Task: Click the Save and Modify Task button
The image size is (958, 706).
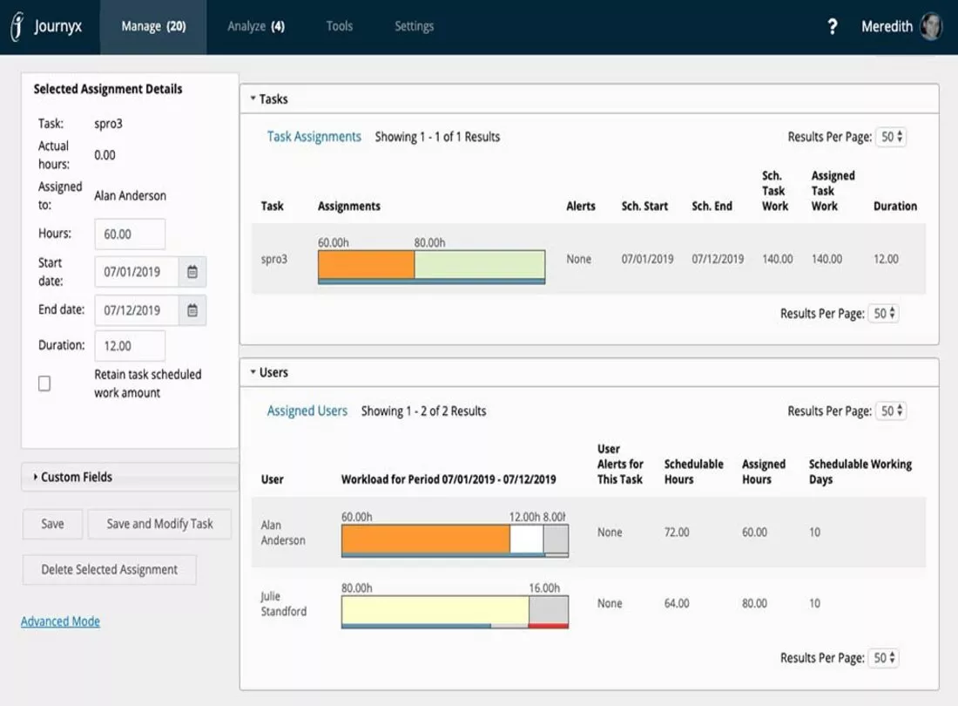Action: pos(159,524)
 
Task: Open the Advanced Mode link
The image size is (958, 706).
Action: pos(60,621)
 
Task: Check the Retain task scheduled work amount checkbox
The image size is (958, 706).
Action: pos(44,384)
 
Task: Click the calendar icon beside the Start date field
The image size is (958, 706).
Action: pos(192,272)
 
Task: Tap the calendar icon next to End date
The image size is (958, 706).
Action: pos(192,310)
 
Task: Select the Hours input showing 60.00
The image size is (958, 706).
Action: pos(130,234)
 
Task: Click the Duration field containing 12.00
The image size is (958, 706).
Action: pos(130,346)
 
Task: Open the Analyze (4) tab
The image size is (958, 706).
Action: pos(256,26)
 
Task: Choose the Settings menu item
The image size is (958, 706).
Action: pos(415,26)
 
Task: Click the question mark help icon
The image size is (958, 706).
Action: pos(832,27)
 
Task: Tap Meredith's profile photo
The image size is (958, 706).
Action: pos(931,26)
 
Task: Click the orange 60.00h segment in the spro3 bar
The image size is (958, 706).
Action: pos(366,265)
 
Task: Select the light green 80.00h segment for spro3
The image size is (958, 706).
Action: pos(480,265)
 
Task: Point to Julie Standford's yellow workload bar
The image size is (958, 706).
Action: pos(435,610)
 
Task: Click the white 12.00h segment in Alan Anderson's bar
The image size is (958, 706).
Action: pos(527,540)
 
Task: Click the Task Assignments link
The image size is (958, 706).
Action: pos(314,137)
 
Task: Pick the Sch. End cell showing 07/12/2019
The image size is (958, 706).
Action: pos(718,259)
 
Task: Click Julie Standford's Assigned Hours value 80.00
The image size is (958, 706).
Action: pos(754,603)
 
